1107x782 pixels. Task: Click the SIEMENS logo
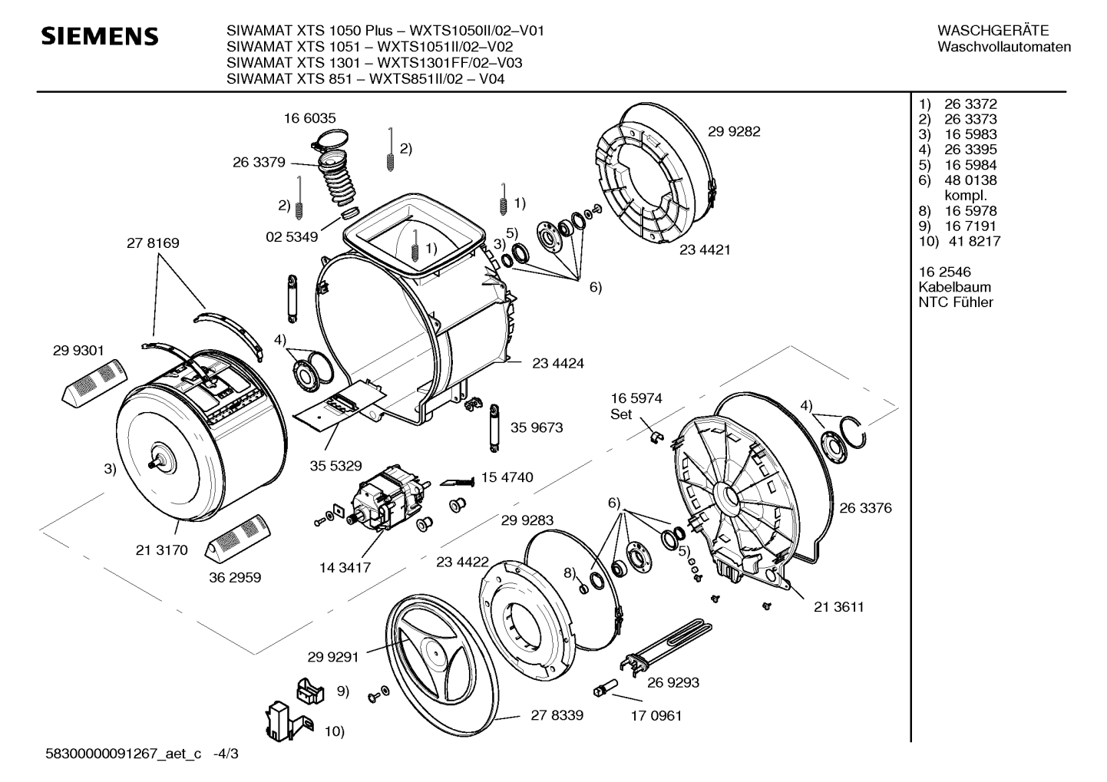pos(99,37)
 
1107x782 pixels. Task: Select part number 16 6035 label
pos(309,118)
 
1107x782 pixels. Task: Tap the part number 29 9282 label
pos(734,131)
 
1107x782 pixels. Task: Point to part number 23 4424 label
pos(558,363)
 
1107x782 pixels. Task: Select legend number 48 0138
pos(970,180)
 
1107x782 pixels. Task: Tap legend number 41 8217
pos(974,241)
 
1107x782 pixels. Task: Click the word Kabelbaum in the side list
pos(955,287)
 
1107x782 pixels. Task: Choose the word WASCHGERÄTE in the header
pos(993,31)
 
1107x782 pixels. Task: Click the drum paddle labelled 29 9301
pos(94,384)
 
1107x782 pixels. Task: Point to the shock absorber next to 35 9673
pos(494,427)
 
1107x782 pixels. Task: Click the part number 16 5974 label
pos(636,398)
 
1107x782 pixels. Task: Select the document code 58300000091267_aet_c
pos(123,754)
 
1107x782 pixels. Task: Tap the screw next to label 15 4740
pos(457,481)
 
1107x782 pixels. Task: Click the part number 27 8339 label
pos(557,715)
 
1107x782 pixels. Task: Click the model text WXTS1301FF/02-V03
pos(450,63)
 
